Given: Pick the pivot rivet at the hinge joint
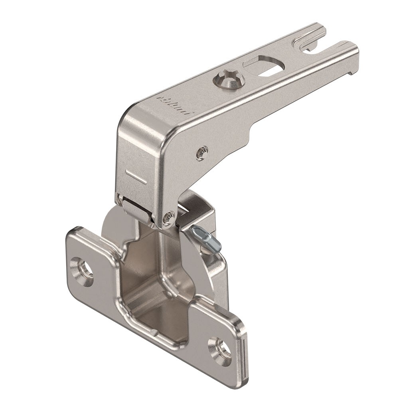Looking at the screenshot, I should tap(168, 217).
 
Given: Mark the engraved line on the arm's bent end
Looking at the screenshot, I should tap(136, 176).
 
